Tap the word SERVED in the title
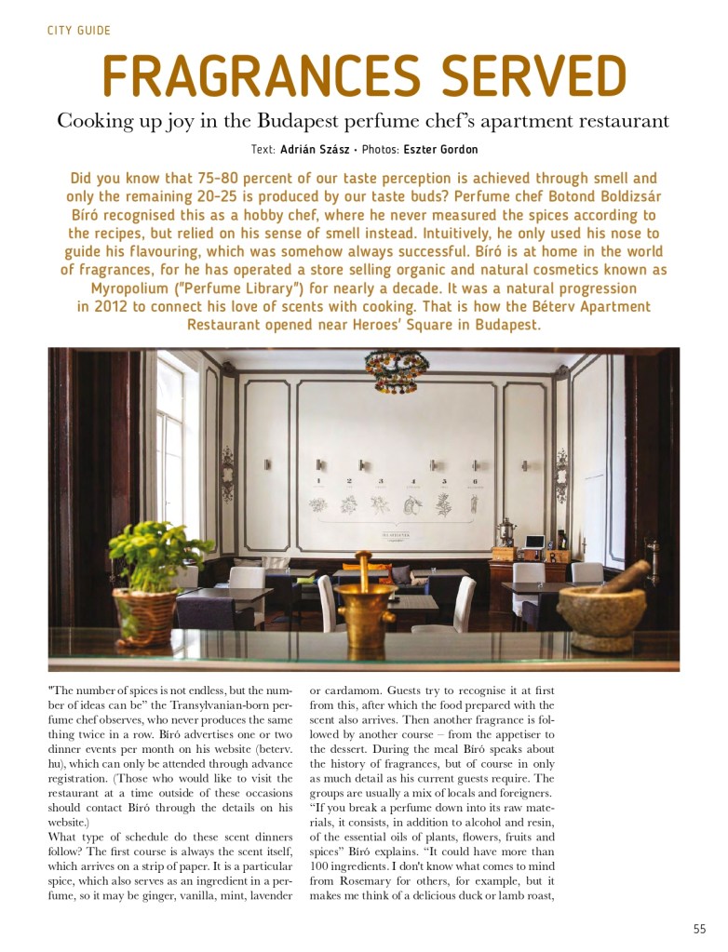[x=530, y=76]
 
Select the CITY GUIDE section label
[x=79, y=31]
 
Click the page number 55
[x=699, y=929]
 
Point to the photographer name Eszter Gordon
[x=441, y=150]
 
